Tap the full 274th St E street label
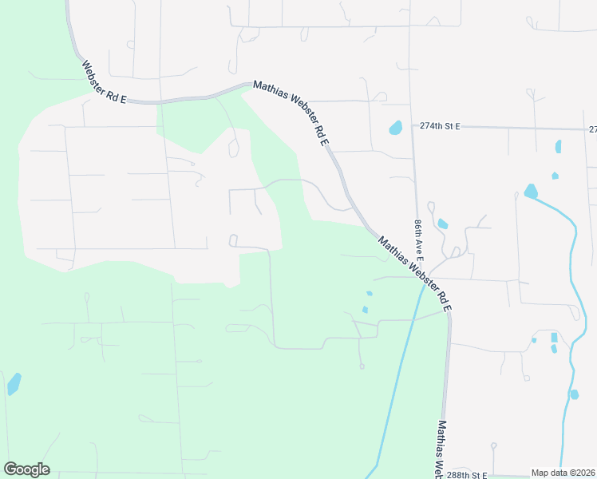[441, 126]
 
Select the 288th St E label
[465, 473]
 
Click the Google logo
[26, 469]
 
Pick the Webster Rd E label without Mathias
[105, 81]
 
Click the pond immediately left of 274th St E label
[395, 128]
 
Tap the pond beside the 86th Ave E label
[442, 224]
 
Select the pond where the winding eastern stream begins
[531, 192]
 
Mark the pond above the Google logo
[14, 385]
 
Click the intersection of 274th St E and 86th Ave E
[413, 126]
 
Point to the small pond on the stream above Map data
[574, 394]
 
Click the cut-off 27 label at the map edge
[592, 129]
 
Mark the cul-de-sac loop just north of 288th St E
[493, 445]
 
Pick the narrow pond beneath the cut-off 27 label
[558, 147]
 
